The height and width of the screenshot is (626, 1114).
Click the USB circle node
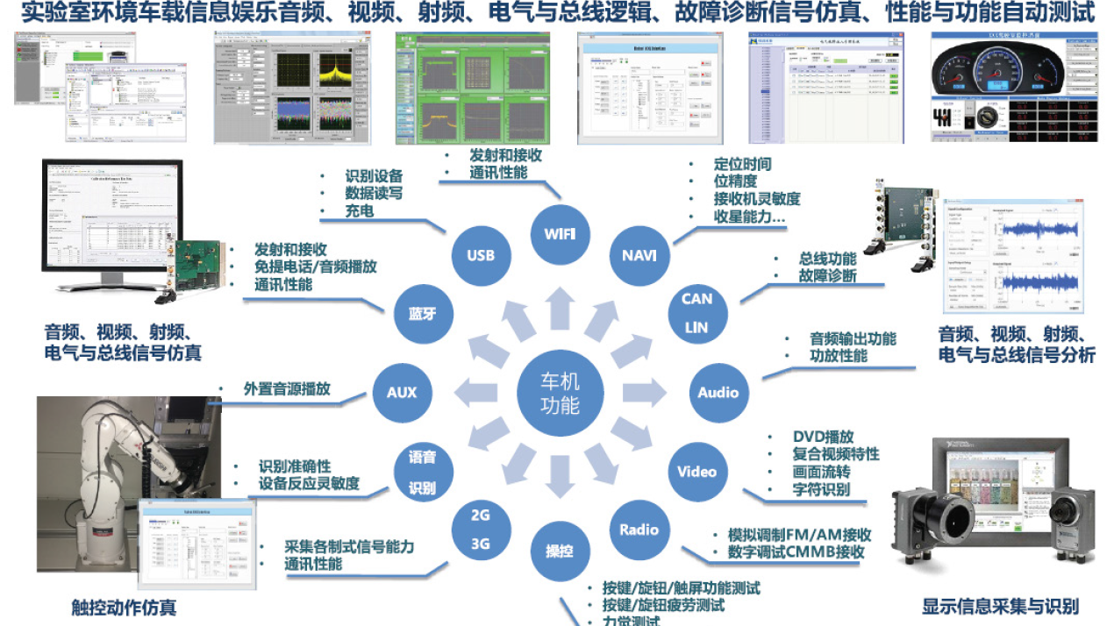pos(481,255)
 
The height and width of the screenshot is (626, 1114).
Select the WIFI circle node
pos(560,234)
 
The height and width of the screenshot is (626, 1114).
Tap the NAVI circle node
pos(639,255)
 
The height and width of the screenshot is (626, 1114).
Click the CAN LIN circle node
pos(696,313)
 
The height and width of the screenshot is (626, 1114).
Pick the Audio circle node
pos(718,392)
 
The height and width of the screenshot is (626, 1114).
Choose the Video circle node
pos(696,471)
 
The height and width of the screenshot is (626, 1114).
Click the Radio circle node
pos(639,530)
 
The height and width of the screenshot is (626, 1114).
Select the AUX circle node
pos(402,392)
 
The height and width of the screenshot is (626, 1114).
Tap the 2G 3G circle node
pos(481,530)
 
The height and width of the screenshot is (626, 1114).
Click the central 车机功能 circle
pos(560,392)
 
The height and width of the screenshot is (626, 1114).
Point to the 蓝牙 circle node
pos(422,313)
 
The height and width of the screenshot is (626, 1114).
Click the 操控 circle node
pos(560,551)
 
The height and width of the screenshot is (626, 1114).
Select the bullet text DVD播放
pos(823,437)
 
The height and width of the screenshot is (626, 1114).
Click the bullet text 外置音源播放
pos(287,389)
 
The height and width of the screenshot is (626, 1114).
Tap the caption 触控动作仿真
pos(123,607)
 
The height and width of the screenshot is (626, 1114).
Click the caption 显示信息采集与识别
pos(1000,606)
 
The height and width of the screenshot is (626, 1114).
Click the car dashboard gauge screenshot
pos(1014,87)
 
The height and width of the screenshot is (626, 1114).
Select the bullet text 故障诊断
pos(827,276)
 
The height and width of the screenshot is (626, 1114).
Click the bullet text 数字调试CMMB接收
pos(796,552)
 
